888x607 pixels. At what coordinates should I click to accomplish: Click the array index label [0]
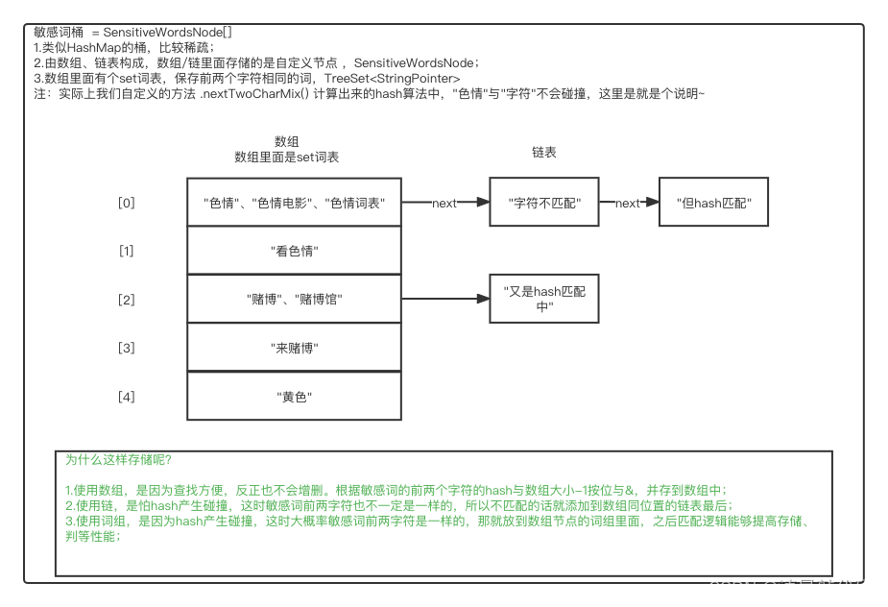pyautogui.click(x=127, y=203)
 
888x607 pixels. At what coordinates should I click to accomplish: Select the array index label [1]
pyautogui.click(x=127, y=251)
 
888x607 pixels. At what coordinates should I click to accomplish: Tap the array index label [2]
pyautogui.click(x=127, y=300)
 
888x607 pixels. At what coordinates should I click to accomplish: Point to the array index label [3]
pyautogui.click(x=127, y=348)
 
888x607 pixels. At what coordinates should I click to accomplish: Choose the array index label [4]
pyautogui.click(x=127, y=396)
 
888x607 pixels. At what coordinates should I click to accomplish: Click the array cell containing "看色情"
pyautogui.click(x=294, y=251)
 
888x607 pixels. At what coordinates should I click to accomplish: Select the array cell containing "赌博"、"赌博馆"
pyautogui.click(x=294, y=299)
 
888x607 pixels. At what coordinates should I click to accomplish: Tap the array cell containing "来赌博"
pyautogui.click(x=294, y=348)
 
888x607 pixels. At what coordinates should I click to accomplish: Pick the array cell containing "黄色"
pyautogui.click(x=294, y=396)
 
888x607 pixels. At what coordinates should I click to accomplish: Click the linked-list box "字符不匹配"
pyautogui.click(x=543, y=203)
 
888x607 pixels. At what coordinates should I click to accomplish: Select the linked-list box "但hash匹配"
pyautogui.click(x=713, y=203)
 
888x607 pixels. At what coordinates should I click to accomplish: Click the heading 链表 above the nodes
pyautogui.click(x=544, y=152)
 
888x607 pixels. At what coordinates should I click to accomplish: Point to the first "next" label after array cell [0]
pyautogui.click(x=444, y=203)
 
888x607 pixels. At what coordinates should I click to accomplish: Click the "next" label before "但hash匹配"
pyautogui.click(x=627, y=203)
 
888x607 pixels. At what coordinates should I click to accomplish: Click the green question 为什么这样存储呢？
pyautogui.click(x=119, y=459)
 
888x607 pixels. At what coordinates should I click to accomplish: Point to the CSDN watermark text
pyautogui.click(x=790, y=587)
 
